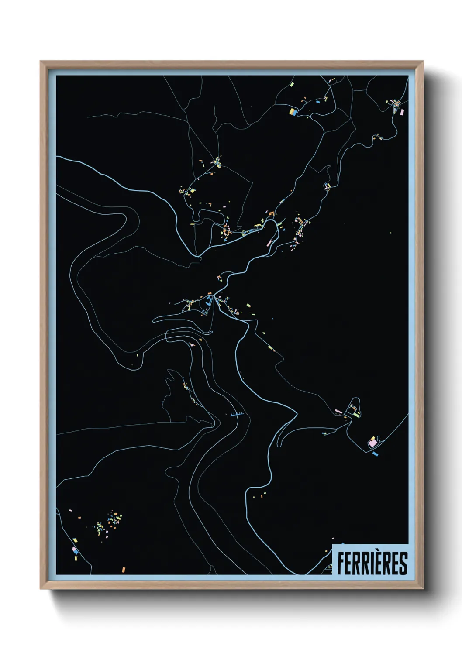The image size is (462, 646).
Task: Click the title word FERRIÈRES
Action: coord(372,563)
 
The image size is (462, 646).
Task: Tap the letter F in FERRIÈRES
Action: coord(341,563)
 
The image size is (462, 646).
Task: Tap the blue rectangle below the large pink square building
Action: coord(375,454)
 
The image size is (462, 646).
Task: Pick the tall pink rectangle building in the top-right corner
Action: coord(402,112)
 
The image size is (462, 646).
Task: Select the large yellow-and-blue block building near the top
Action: coord(293,112)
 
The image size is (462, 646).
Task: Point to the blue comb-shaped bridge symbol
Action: coord(236,414)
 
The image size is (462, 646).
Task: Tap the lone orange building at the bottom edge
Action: coord(124,569)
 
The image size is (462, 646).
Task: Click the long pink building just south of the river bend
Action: coord(269,242)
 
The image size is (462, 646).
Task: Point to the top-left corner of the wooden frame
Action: coord(41,62)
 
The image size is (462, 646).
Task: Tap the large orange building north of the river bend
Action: coord(271,213)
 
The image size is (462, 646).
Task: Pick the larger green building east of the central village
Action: coord(248,306)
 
